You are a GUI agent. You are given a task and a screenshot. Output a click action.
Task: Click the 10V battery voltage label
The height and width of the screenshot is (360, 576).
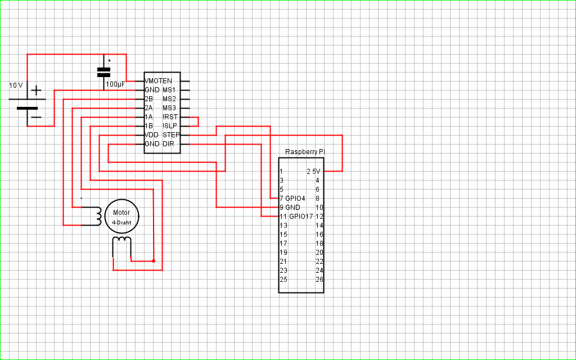16,85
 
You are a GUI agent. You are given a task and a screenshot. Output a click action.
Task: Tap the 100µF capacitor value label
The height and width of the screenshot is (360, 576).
115,84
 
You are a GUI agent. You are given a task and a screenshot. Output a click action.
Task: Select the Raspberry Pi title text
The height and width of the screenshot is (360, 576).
305,152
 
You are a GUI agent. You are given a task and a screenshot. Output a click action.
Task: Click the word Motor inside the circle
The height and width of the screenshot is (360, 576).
121,213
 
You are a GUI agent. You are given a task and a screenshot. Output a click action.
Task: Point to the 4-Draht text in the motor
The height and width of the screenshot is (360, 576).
121,222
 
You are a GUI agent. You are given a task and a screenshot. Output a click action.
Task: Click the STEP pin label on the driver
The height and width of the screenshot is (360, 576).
171,135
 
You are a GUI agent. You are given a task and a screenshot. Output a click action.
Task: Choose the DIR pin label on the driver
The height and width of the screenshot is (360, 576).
168,144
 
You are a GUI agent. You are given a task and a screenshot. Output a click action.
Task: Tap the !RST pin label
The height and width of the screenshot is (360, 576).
170,117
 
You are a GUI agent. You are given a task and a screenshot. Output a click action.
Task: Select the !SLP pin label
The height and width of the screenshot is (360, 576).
170,126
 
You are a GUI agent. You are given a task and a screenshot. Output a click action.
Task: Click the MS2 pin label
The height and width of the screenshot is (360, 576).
169,99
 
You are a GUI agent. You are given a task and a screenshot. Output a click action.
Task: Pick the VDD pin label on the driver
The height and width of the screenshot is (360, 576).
152,135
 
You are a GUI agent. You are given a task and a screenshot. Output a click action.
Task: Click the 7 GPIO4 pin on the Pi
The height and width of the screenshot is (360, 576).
292,199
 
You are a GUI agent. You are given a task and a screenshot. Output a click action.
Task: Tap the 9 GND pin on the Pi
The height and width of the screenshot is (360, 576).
290,208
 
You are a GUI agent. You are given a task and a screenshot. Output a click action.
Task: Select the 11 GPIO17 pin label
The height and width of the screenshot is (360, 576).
296,217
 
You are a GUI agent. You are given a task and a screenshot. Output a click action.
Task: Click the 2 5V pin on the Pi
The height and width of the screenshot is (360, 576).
314,172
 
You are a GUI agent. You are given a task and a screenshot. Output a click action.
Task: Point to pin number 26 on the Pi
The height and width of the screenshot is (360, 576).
319,280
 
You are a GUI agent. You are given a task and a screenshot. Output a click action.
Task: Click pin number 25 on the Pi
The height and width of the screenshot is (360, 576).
283,280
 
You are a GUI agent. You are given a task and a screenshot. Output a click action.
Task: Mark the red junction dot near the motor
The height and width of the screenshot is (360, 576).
154,261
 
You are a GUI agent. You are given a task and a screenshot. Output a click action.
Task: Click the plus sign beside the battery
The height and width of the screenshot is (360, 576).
36,90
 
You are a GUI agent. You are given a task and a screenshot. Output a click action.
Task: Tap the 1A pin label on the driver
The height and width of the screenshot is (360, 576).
148,117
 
